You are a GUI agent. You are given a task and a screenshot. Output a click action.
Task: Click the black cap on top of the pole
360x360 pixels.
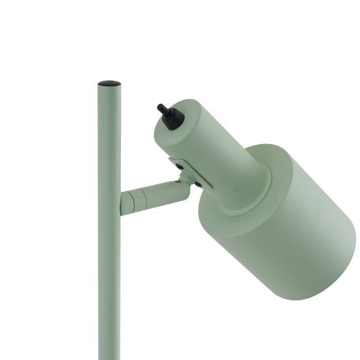click(109, 83)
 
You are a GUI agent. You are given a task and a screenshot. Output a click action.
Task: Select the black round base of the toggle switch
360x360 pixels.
click(174, 119)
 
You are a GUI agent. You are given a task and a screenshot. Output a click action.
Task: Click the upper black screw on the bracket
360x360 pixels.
click(179, 167)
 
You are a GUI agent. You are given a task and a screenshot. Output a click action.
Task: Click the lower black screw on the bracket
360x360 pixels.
click(198, 184)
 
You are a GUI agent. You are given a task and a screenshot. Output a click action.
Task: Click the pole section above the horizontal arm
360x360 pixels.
click(109, 139)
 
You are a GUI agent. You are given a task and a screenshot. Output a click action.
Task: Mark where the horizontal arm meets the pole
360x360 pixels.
click(121, 203)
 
